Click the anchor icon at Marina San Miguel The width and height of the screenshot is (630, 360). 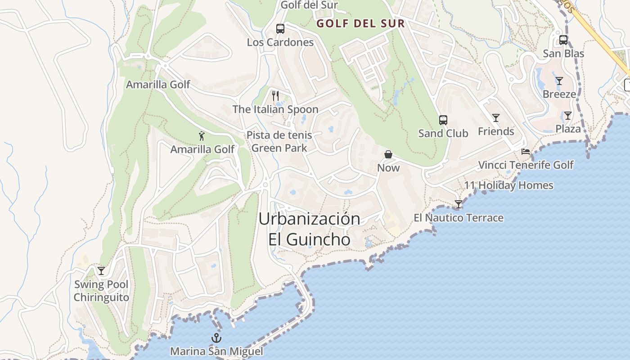[x=217, y=338]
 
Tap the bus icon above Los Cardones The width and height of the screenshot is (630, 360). [x=280, y=29]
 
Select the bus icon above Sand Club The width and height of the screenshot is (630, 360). [x=443, y=120]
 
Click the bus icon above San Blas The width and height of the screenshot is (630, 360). [x=563, y=40]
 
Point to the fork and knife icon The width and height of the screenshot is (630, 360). [x=275, y=95]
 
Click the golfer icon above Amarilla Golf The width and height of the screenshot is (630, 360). [x=202, y=136]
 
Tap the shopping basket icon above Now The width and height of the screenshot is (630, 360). [x=388, y=155]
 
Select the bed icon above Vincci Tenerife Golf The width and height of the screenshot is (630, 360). [x=525, y=152]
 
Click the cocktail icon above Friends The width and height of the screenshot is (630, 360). [x=496, y=118]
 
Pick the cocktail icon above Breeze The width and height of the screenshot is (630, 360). [x=559, y=81]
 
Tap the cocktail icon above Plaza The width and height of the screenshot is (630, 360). [x=568, y=116]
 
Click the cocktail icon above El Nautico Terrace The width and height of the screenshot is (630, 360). [x=459, y=204]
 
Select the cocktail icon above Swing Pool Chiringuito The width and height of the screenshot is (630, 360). [x=101, y=270]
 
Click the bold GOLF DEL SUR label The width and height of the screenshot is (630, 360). [x=360, y=24]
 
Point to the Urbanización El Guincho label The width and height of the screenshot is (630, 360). [x=309, y=229]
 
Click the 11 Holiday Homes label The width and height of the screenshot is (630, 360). [x=508, y=185]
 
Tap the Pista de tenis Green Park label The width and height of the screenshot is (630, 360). [x=279, y=141]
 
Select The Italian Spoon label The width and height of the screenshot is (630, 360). [x=275, y=109]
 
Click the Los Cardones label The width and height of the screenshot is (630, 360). [x=280, y=42]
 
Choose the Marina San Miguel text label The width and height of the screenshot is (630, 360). [x=216, y=351]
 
